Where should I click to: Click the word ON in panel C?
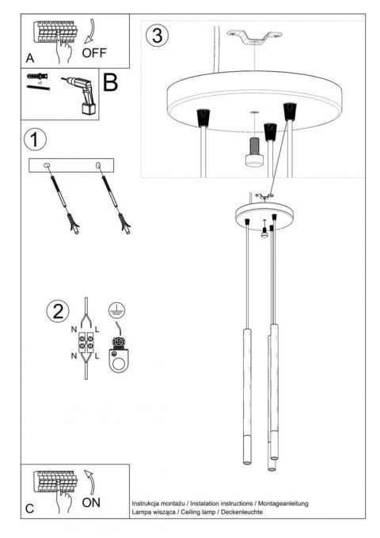(x=92, y=503)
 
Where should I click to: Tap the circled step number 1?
(x=35, y=139)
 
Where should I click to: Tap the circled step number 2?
(x=56, y=310)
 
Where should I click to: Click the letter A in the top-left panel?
(x=30, y=58)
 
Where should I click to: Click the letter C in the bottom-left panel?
(x=29, y=509)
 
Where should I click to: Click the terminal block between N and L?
(x=86, y=346)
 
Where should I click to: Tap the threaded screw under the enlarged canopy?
(x=254, y=147)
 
